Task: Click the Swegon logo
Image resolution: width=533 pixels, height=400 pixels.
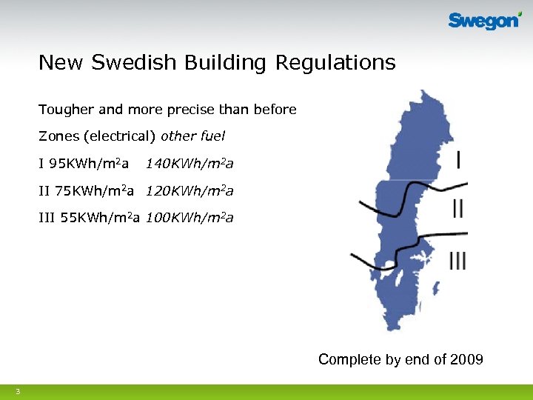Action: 484,21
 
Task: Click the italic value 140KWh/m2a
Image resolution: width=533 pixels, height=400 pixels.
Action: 190,163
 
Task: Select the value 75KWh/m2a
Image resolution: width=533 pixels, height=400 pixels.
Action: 86,191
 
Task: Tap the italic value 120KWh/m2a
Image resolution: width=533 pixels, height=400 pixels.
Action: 190,191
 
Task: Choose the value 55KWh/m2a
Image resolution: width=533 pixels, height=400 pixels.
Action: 90,218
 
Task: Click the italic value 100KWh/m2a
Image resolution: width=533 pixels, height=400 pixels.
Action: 190,218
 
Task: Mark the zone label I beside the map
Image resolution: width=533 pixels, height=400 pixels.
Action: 460,159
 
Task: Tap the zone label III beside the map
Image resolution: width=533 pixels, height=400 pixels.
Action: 457,260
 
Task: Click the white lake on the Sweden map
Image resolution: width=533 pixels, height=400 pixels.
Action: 388,264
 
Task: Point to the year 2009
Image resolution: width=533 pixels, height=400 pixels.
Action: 466,360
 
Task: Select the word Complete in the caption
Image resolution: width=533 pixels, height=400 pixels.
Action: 348,360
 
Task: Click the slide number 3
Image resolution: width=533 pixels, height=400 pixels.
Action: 17,391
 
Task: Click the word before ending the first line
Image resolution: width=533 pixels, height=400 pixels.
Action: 275,110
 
